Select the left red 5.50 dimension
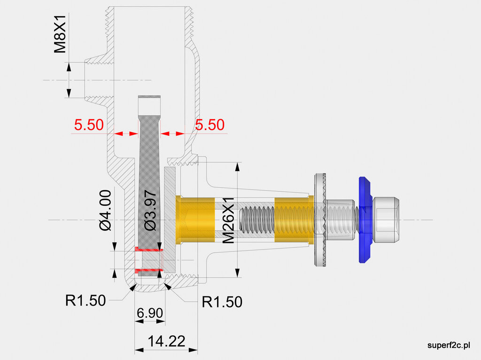(88, 125)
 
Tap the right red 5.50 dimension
(210, 125)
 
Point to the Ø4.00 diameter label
(105, 210)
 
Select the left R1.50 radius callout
(85, 300)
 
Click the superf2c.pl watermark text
(449, 345)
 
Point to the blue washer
(364, 220)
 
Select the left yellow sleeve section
(195, 220)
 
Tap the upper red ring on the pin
(149, 249)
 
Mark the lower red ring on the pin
(149, 270)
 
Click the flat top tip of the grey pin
(149, 97)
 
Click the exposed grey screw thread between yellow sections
(256, 220)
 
